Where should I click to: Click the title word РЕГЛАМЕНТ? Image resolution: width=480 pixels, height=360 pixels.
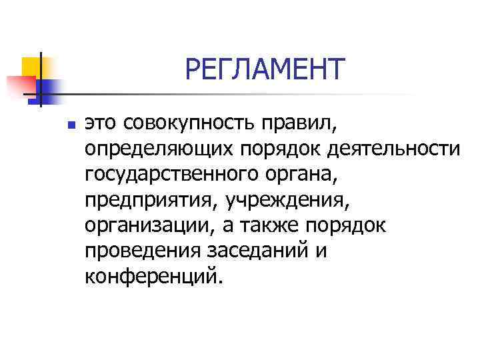[265, 69]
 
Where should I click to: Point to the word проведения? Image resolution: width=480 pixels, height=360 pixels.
[140, 251]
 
